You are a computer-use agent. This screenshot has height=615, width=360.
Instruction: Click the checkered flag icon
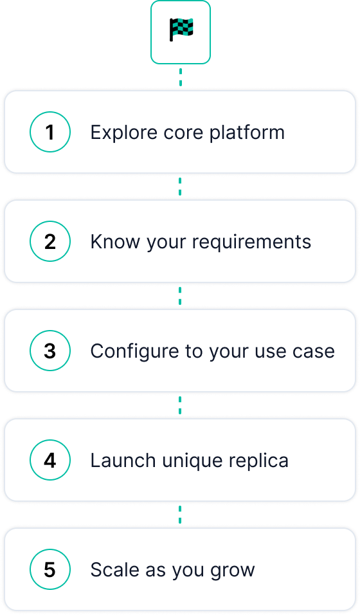click(181, 30)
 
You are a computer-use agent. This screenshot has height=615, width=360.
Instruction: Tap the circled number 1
click(50, 132)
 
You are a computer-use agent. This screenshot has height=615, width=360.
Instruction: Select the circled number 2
click(50, 242)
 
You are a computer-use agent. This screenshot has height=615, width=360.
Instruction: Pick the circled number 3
click(50, 351)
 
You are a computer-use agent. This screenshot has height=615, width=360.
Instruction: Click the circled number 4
click(50, 461)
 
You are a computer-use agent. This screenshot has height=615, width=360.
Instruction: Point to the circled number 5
click(50, 570)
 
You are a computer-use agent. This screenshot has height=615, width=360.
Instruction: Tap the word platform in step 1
click(247, 133)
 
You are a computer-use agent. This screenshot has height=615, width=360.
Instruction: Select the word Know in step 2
click(115, 242)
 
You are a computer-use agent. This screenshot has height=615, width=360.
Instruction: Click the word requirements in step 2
click(251, 243)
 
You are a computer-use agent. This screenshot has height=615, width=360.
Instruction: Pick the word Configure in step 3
click(135, 352)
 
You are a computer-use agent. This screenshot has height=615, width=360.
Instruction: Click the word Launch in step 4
click(123, 461)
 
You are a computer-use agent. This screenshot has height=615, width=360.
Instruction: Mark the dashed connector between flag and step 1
click(181, 77)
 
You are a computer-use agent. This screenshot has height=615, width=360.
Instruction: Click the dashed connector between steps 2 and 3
click(180, 296)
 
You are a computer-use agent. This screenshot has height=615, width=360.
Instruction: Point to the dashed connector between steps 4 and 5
click(180, 515)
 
